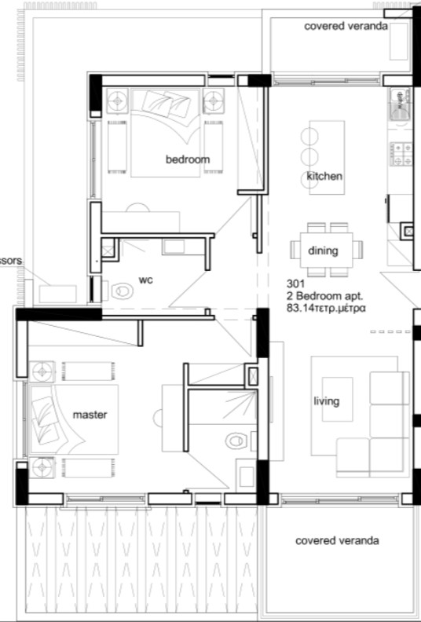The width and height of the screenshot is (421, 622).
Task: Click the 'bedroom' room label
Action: [x=188, y=159]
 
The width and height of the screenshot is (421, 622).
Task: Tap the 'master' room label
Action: [x=90, y=414]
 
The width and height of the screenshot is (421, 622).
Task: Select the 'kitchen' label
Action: [x=324, y=176]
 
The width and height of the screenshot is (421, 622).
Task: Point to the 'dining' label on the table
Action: [x=324, y=251]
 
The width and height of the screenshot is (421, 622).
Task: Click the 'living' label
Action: [x=326, y=401]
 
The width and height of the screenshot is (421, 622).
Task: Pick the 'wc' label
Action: [x=145, y=279]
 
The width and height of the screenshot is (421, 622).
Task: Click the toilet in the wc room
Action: [x=122, y=291]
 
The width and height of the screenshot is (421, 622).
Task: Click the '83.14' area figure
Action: [x=303, y=309]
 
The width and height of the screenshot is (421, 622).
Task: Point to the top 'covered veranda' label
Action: [x=346, y=26]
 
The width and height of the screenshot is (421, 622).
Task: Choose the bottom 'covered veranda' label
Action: [x=337, y=541]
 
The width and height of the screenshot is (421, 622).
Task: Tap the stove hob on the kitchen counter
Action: [x=404, y=152]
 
